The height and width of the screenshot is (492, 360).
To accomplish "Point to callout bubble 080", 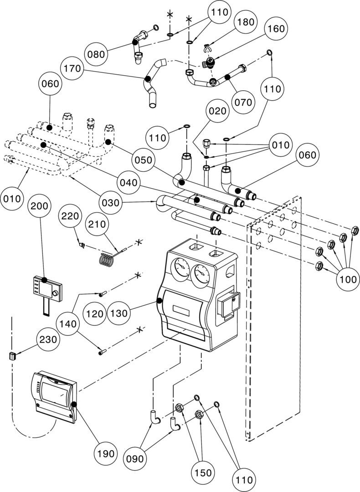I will point(97,54).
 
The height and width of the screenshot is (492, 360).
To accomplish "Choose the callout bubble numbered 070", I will point(243,102).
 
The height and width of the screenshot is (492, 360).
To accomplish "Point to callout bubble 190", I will point(105,453).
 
